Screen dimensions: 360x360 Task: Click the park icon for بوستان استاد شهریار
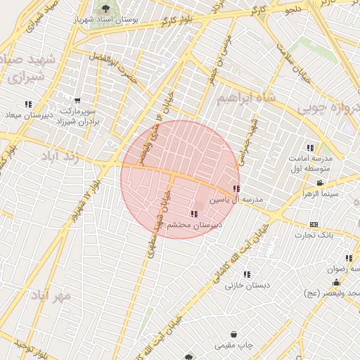click(105, 8)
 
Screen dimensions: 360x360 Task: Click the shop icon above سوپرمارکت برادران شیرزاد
click(77, 101)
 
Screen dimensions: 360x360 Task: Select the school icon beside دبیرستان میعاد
click(28, 104)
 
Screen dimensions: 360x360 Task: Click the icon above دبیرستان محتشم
click(194, 213)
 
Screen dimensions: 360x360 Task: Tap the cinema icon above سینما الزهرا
click(320, 184)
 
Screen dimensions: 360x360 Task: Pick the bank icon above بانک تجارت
click(314, 225)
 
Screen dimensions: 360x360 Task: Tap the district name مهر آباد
click(51, 295)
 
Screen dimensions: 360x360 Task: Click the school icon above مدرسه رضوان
click(349, 258)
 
